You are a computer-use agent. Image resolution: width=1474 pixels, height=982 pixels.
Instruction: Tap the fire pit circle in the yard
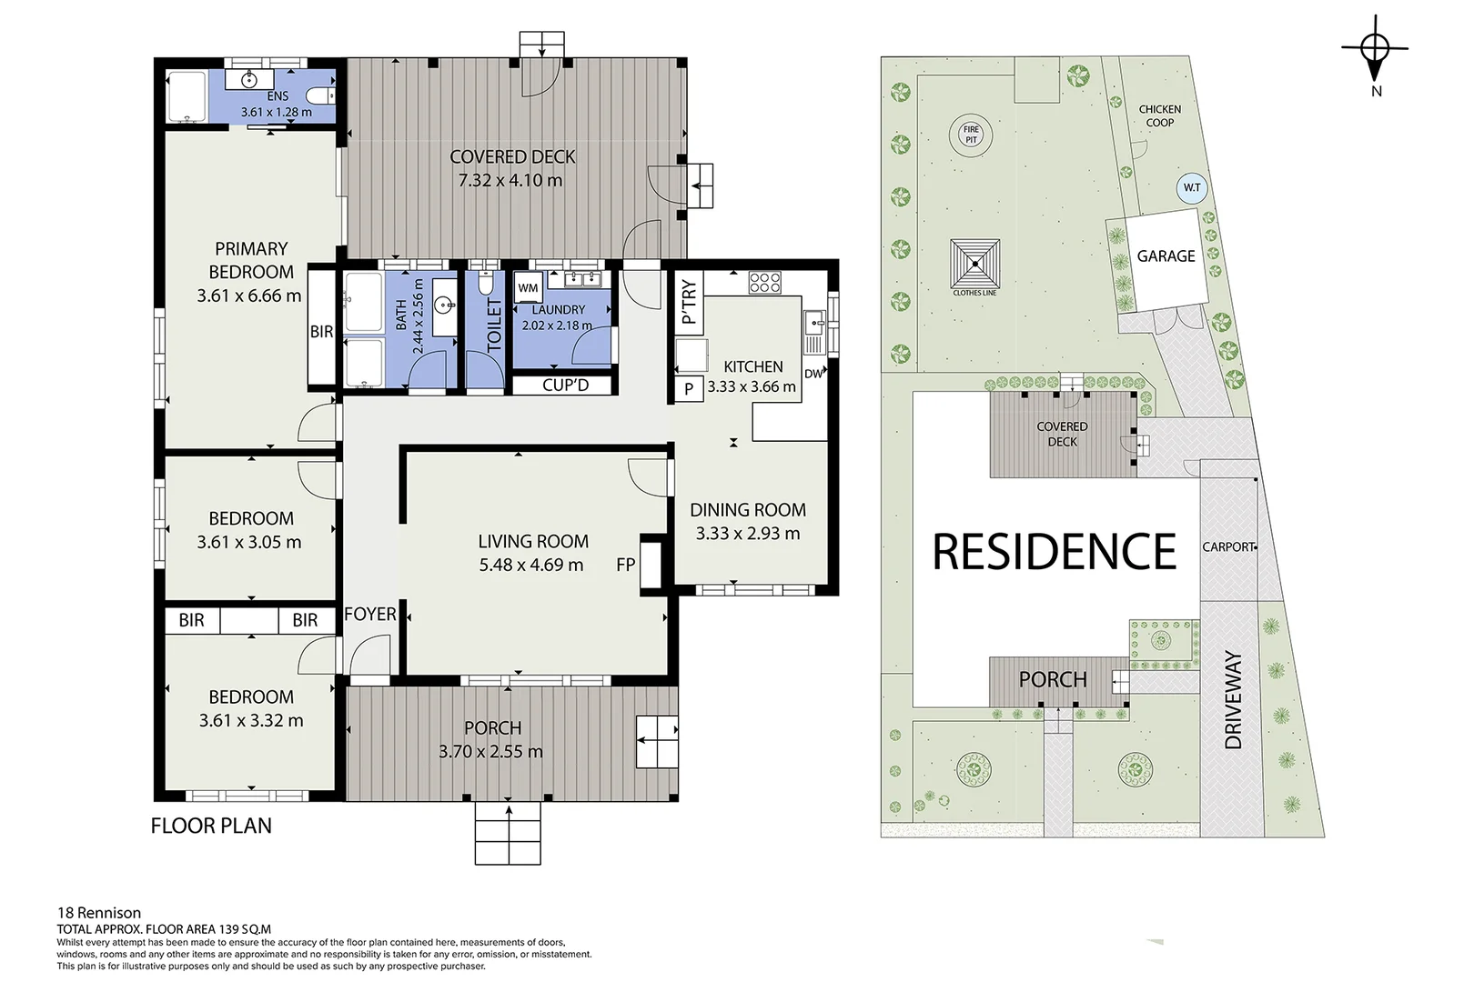[971, 135]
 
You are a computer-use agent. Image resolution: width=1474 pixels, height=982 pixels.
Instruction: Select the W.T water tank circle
[1192, 188]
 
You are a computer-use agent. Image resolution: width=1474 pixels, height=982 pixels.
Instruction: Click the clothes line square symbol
[975, 264]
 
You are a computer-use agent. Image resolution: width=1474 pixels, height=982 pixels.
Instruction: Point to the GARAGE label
[1166, 256]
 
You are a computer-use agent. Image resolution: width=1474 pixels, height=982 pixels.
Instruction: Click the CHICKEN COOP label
[1159, 115]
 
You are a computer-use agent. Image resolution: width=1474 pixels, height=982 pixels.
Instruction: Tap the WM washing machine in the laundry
[528, 288]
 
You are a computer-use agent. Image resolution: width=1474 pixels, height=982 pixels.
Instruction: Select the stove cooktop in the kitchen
[764, 283]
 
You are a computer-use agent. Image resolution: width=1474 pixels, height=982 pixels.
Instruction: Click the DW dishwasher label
[814, 374]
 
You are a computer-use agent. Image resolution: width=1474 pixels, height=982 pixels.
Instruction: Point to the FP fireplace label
[626, 565]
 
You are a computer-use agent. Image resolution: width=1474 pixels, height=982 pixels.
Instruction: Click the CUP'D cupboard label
[565, 385]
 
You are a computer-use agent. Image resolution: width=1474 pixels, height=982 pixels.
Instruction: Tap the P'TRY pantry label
[689, 302]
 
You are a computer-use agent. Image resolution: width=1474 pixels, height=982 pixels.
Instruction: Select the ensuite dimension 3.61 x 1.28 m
[277, 112]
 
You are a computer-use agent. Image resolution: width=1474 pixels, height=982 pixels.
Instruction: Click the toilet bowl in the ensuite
[320, 96]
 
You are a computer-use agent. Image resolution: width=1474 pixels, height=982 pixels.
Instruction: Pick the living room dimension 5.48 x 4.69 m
[531, 565]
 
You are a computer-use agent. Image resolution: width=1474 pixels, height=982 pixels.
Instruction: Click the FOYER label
[370, 614]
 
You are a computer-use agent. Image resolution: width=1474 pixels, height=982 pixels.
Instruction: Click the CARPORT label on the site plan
[1228, 546]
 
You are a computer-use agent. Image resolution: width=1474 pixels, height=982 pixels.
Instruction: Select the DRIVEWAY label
[1233, 700]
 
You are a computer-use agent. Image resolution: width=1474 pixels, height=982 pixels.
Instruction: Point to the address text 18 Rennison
[99, 913]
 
